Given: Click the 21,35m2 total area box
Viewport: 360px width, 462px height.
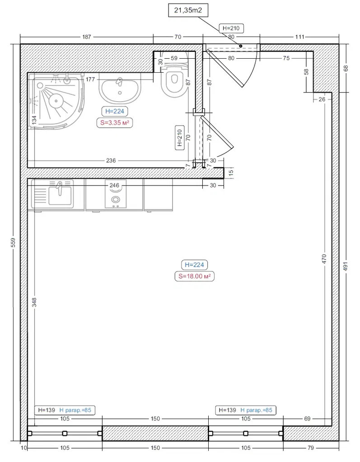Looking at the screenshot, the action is (188, 10).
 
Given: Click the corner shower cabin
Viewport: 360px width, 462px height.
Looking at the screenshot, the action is (56, 101).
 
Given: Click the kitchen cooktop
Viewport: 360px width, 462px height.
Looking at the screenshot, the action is (116, 195).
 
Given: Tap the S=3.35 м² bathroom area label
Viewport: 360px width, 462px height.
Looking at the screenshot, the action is (115, 122).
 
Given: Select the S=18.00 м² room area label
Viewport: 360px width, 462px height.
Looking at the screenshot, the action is (194, 276).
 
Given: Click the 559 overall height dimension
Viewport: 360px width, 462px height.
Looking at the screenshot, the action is (13, 243).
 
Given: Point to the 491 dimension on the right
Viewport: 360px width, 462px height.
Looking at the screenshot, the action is (346, 266).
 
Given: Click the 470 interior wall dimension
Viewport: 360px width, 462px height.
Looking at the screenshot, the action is (324, 259).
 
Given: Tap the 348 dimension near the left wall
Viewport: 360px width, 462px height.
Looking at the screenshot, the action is (34, 302).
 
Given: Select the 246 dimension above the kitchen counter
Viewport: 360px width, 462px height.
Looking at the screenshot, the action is (114, 185).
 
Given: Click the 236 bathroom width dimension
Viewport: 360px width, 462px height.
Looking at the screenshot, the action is (111, 161).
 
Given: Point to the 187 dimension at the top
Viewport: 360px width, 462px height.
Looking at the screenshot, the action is (87, 37).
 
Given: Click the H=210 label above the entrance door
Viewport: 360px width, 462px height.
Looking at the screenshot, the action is (231, 28).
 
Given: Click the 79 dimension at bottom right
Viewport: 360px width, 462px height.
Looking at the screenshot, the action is (311, 448).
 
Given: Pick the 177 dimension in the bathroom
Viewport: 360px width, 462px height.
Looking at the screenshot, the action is (90, 79).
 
